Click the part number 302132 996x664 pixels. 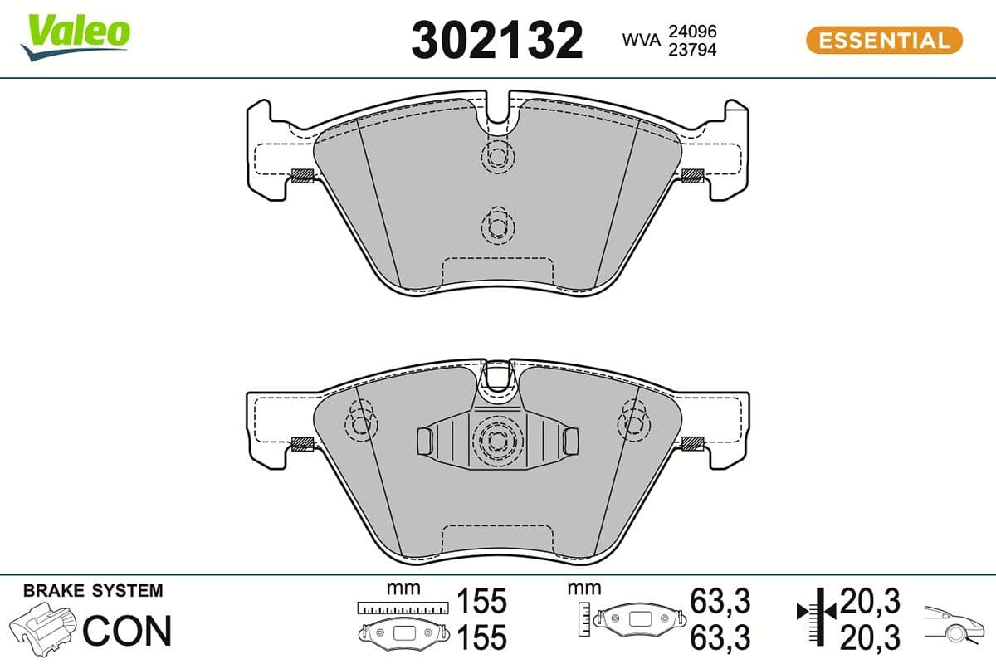click(496, 40)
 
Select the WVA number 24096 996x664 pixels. click(693, 31)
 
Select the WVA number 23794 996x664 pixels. click(693, 50)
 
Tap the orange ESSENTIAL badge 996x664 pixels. click(884, 40)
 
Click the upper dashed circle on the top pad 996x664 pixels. click(498, 155)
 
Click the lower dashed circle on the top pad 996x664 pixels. click(498, 225)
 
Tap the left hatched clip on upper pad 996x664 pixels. click(303, 175)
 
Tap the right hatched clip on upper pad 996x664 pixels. click(692, 175)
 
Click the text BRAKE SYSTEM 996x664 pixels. click(93, 592)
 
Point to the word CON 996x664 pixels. click(127, 631)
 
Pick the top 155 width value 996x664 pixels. click(481, 601)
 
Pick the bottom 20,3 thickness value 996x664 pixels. click(870, 637)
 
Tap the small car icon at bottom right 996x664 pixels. click(954, 624)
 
